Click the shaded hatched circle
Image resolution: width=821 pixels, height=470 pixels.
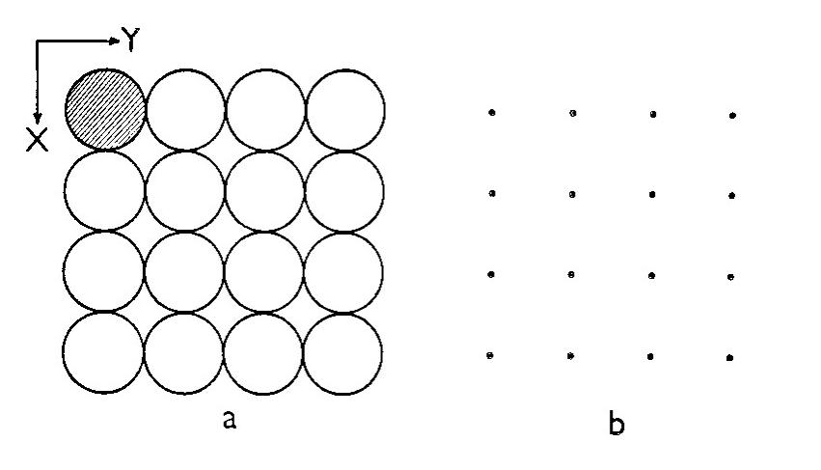pyautogui.click(x=105, y=108)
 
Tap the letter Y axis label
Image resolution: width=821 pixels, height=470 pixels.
pyautogui.click(x=132, y=40)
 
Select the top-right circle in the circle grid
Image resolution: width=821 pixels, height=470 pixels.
pyautogui.click(x=345, y=109)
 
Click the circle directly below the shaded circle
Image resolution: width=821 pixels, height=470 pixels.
pyautogui.click(x=105, y=190)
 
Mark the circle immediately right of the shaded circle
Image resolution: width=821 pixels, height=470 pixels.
pyautogui.click(x=185, y=109)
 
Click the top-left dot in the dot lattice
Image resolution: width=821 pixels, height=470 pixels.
pyautogui.click(x=492, y=113)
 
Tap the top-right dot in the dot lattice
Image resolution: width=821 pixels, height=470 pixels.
pyautogui.click(x=733, y=115)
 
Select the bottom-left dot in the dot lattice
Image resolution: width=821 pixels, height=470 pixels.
pyautogui.click(x=492, y=356)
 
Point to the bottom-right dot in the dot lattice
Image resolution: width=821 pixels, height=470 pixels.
pyautogui.click(x=733, y=357)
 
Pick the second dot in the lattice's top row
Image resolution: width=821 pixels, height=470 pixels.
pyautogui.click(x=573, y=113)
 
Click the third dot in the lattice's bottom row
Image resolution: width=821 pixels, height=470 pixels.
pyautogui.click(x=653, y=356)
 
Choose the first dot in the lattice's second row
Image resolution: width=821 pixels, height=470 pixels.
pyautogui.click(x=492, y=193)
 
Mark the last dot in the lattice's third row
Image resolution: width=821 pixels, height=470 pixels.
pyautogui.click(x=733, y=276)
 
